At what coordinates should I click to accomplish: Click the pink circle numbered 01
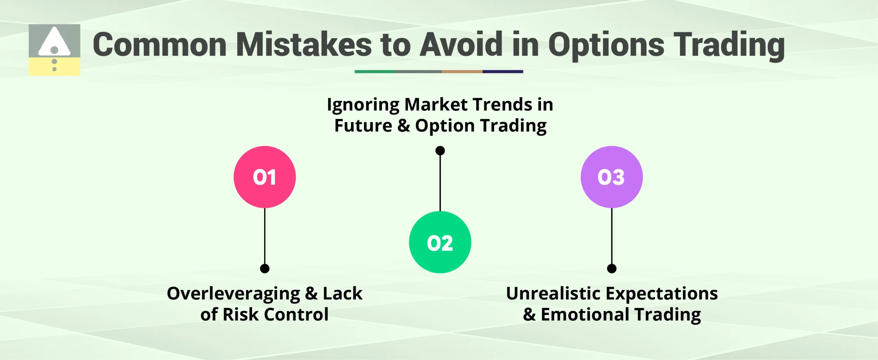point(264,177)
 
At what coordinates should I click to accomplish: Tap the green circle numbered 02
point(440,242)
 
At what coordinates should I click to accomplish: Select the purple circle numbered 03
point(612,177)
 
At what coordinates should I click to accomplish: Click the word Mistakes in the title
point(304,45)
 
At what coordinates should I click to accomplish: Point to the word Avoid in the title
point(461,45)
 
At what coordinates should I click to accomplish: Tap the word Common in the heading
point(159,45)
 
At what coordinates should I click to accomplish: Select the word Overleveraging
point(233,294)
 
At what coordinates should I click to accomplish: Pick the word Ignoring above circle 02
point(363,105)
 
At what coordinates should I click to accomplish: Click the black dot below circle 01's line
point(264,268)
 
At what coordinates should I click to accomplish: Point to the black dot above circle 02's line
point(440,151)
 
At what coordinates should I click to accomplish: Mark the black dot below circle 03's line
point(612,268)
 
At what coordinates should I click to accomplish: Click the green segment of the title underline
point(375,72)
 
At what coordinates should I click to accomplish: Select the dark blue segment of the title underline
point(502,72)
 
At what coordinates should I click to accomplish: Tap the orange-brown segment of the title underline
point(462,72)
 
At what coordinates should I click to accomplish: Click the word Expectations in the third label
point(662,294)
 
